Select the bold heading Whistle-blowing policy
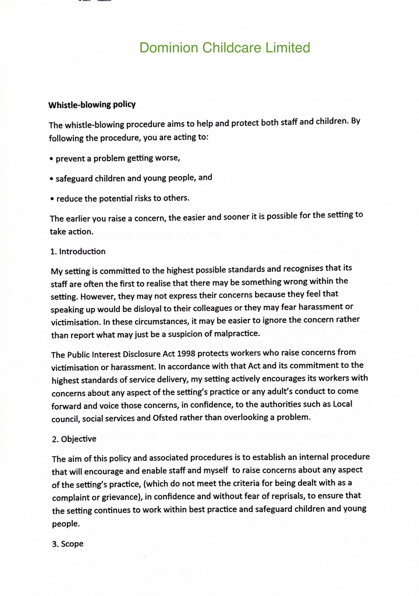pos(92,105)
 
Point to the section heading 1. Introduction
pos(78,251)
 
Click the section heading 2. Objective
pos(74,438)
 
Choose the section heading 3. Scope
pos(68,544)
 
